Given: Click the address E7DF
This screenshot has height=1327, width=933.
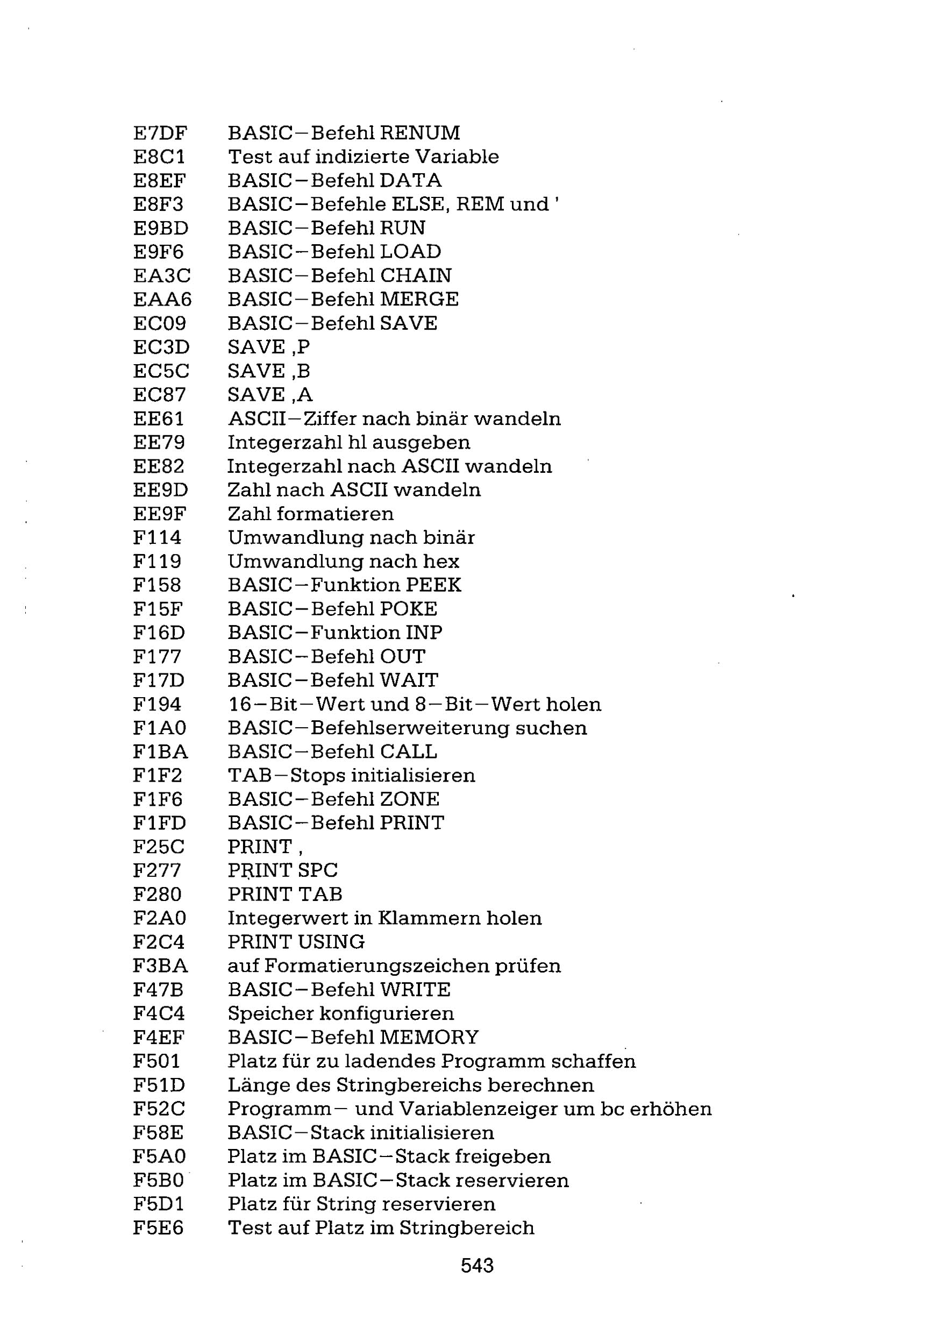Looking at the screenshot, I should (x=160, y=133).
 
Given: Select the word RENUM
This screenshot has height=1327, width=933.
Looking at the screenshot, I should (x=420, y=133).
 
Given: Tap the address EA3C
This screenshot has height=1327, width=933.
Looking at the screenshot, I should (x=162, y=276).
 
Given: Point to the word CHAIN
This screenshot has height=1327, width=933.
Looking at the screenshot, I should (x=416, y=276).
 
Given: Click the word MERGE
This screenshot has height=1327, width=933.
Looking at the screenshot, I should (x=419, y=300).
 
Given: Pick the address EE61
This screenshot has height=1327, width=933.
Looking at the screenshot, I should (x=158, y=418).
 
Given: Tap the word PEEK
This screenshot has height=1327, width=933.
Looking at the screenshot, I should (x=433, y=585).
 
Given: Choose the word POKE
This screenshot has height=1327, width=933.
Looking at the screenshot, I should (x=409, y=609).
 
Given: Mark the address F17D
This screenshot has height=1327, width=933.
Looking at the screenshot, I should (x=158, y=680).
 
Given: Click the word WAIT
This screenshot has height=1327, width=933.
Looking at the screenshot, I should (x=409, y=680).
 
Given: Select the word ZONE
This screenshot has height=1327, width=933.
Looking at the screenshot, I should (x=410, y=799).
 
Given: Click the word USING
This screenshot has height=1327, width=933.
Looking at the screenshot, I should (x=332, y=942).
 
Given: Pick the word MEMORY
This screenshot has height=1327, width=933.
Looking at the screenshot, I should (x=429, y=1038).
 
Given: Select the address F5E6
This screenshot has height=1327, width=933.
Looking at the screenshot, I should (x=158, y=1227).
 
